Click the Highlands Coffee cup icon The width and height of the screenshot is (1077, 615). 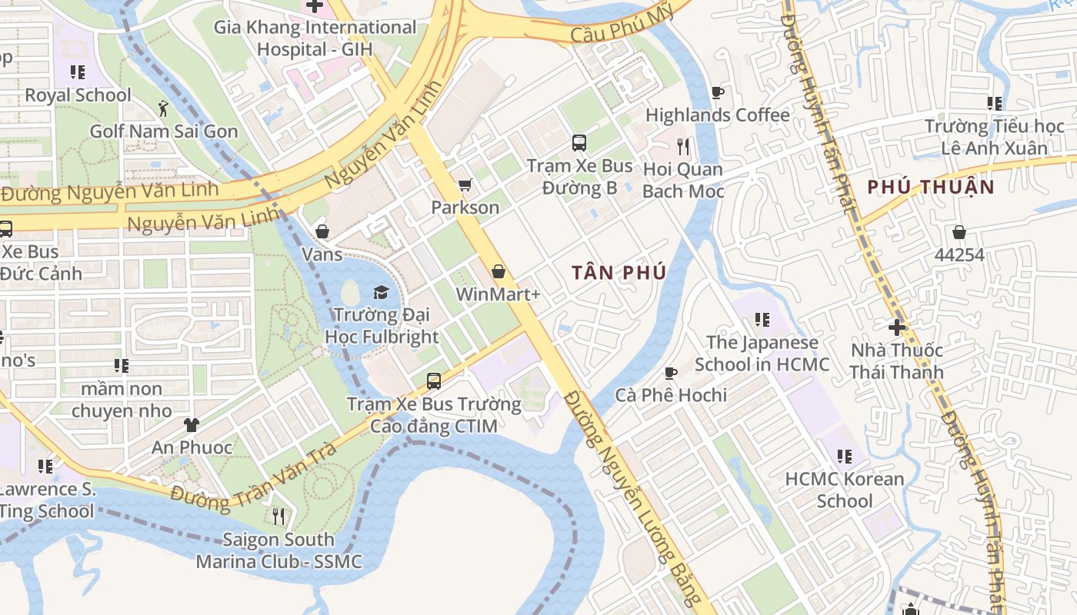point(717,93)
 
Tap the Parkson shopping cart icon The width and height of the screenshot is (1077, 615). point(465,185)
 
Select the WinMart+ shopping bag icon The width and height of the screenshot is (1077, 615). point(498,271)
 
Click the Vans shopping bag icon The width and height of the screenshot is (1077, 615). point(322,231)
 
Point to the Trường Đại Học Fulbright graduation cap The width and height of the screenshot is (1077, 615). point(381,292)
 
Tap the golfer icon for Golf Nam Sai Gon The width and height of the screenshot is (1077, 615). point(163,108)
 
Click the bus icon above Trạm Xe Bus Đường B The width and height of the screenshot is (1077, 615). point(579,143)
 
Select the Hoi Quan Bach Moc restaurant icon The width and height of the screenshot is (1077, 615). point(683,146)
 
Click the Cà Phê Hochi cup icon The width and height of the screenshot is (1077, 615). point(671,373)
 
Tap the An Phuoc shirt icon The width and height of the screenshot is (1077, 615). point(192,424)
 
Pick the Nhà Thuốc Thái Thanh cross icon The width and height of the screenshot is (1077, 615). point(897,327)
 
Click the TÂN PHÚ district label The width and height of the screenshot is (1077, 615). point(619,273)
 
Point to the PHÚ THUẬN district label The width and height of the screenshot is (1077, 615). point(931,187)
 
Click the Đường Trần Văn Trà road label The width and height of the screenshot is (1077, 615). point(254,477)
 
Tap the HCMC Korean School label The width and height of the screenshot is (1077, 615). point(845,490)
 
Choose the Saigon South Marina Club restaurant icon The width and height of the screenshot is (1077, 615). point(278,516)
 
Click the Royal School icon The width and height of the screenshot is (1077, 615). point(78,72)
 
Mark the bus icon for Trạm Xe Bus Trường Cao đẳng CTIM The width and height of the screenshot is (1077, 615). point(434,381)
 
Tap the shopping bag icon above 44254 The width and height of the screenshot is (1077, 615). point(959,231)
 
